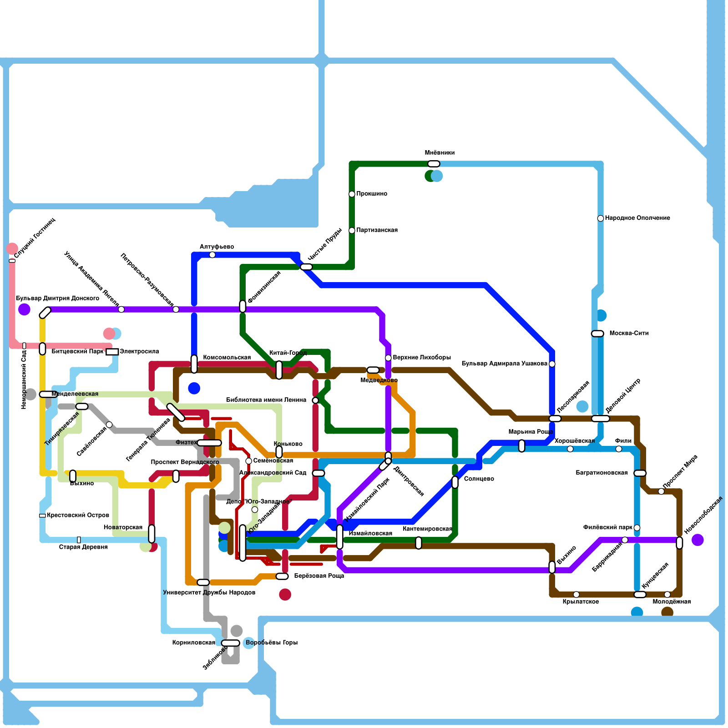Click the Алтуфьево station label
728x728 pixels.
[217, 247]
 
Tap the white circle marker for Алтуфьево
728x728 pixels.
[212, 255]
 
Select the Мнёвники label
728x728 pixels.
[440, 153]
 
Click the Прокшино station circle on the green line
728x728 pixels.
[352, 194]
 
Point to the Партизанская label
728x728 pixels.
[377, 230]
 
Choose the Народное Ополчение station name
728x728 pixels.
[637, 218]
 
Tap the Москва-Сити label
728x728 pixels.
[629, 334]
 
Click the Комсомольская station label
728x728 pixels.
[227, 358]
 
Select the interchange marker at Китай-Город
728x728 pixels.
[279, 369]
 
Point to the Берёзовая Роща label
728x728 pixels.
[318, 576]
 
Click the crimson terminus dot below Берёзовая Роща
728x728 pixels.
[285, 594]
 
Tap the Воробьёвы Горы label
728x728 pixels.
[272, 643]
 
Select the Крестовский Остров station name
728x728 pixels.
[78, 516]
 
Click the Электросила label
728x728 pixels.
[139, 352]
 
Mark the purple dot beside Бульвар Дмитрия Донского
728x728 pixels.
[24, 309]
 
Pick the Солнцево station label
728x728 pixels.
[479, 479]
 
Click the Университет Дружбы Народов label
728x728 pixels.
[209, 593]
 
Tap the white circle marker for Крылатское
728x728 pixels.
[576, 594]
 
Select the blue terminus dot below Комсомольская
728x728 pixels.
[194, 388]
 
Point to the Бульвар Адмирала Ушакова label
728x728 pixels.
[504, 364]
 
